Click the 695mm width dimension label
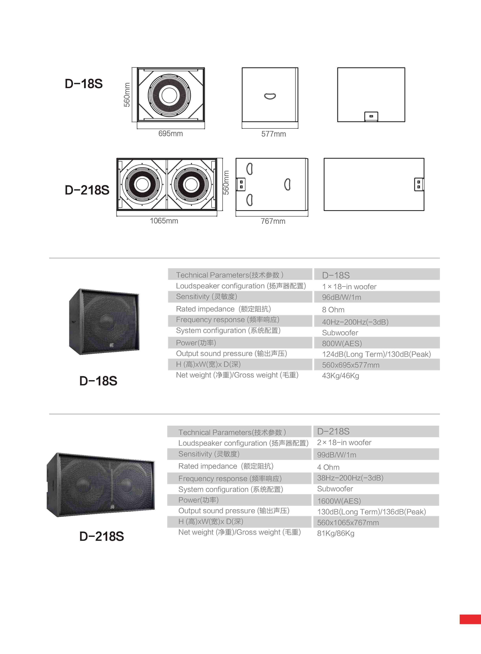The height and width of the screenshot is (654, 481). [x=171, y=134]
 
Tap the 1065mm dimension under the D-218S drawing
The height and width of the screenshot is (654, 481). [x=164, y=221]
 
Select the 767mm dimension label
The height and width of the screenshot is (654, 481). [x=273, y=221]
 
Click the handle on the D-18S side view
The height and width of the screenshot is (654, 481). [x=270, y=96]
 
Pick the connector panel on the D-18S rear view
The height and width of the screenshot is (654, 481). [x=371, y=116]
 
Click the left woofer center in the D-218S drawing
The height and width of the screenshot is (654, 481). [x=142, y=184]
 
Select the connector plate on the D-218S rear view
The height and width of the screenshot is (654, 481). [x=419, y=184]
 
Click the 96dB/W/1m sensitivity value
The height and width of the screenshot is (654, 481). [x=342, y=297]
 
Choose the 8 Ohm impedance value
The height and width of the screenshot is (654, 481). [x=333, y=309]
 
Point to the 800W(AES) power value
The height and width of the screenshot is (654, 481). [x=342, y=344]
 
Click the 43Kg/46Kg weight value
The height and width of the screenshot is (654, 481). [x=340, y=376]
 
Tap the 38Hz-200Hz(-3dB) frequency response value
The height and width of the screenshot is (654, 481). [x=350, y=478]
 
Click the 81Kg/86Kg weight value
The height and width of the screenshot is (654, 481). [x=336, y=533]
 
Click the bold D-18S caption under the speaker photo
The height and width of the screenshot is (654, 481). [x=98, y=381]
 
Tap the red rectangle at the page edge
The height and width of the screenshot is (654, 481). [x=470, y=619]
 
